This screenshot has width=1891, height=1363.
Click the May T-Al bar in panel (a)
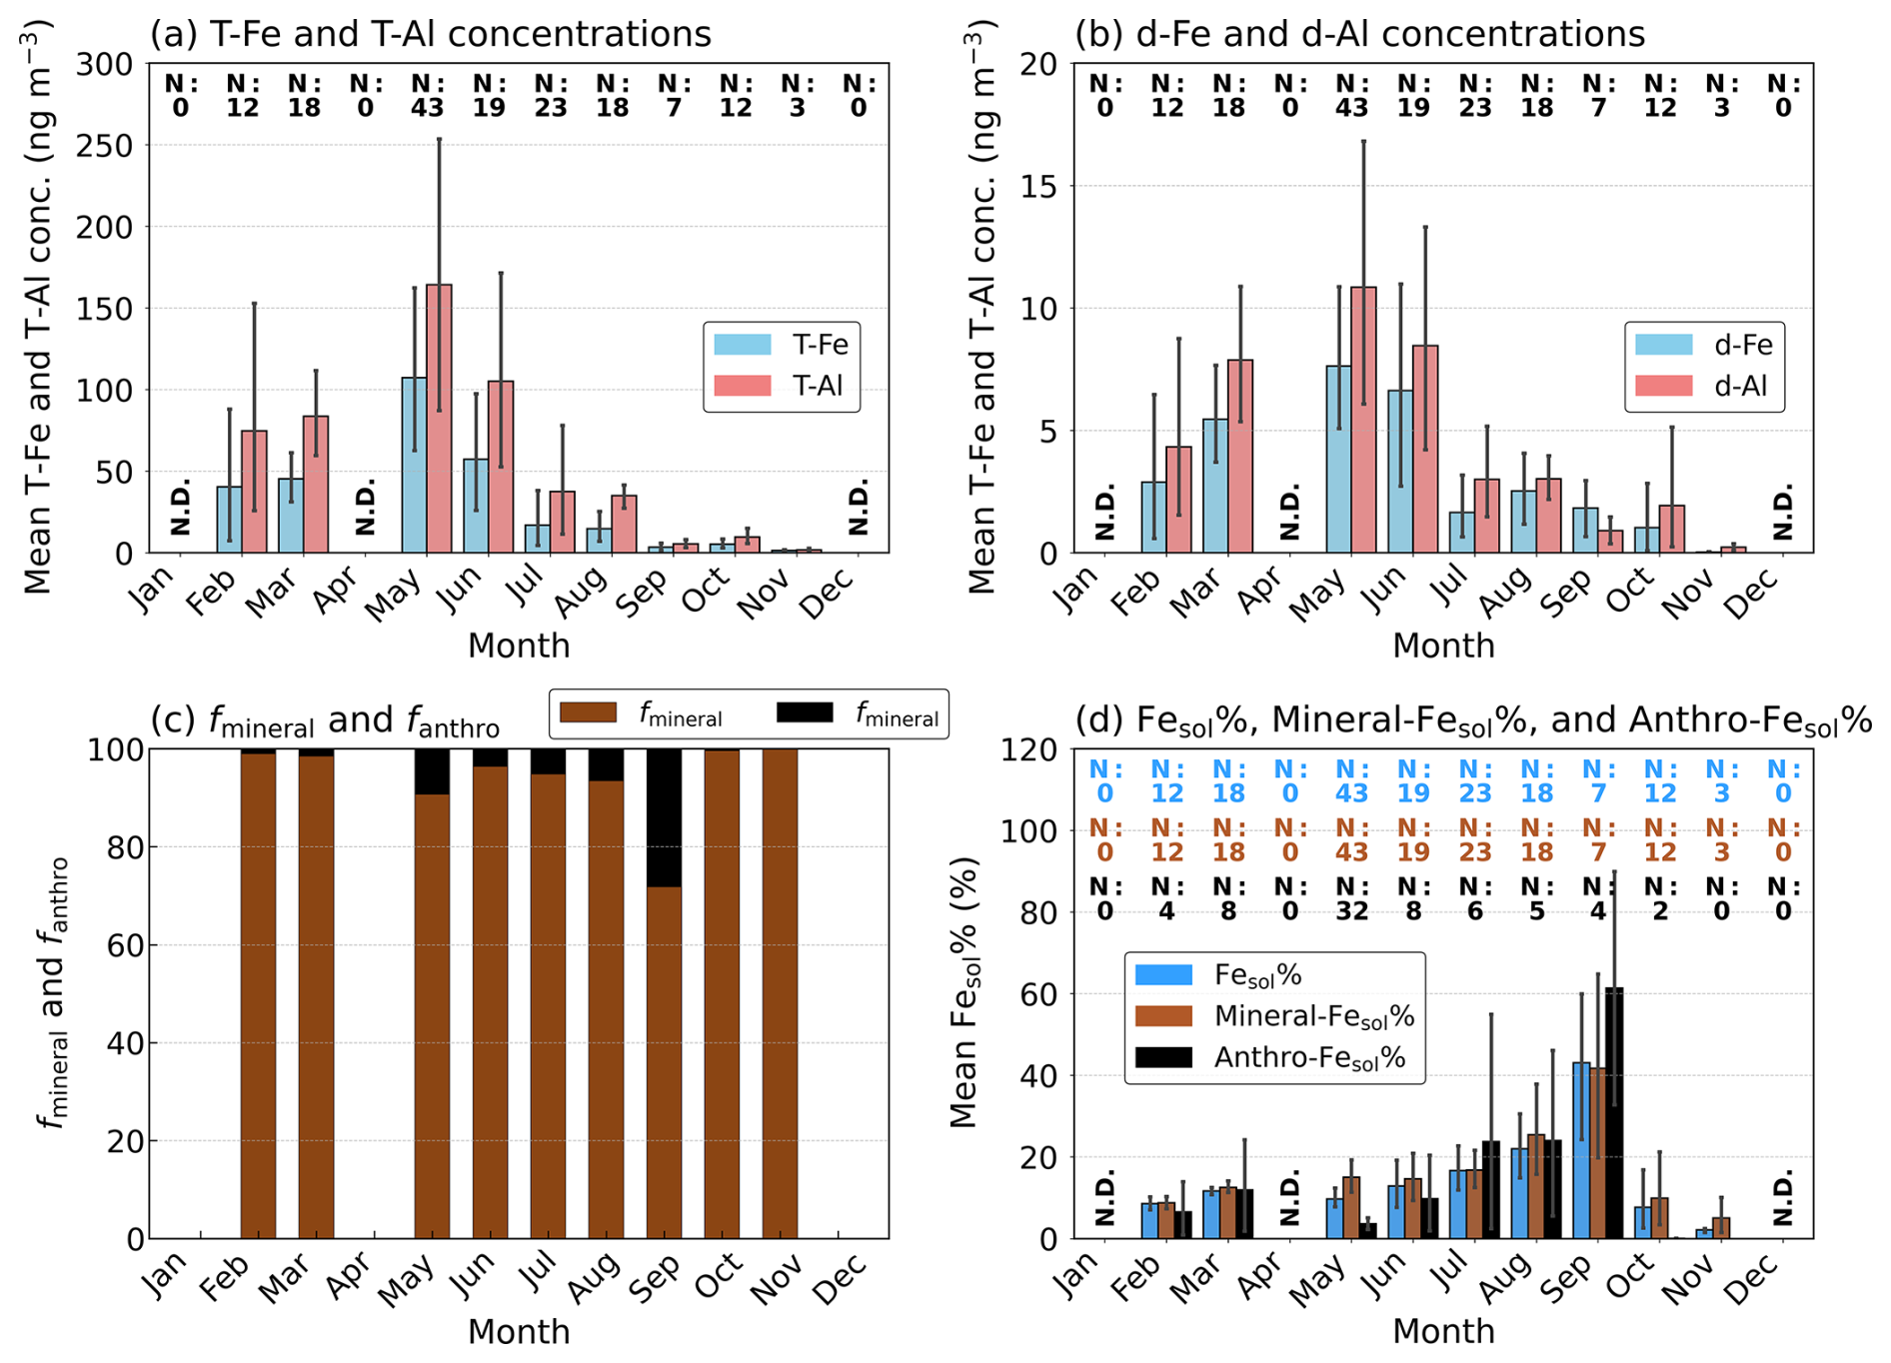(439, 419)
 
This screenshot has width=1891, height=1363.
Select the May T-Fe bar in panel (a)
(414, 465)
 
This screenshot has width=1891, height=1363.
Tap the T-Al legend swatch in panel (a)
(742, 386)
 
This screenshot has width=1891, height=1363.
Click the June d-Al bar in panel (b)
(1425, 449)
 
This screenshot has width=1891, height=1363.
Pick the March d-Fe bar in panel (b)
(1215, 486)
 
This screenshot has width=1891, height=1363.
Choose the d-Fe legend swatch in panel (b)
(1664, 345)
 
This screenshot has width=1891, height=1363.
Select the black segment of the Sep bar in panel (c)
(664, 818)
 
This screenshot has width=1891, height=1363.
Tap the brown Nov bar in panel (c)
(780, 994)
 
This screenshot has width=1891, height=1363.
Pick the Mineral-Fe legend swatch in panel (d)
(1164, 1016)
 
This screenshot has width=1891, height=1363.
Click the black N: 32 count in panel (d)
(1351, 898)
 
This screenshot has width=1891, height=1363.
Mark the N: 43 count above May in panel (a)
(427, 95)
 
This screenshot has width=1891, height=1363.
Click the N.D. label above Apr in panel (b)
(1289, 512)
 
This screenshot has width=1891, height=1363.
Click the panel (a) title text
(431, 34)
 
